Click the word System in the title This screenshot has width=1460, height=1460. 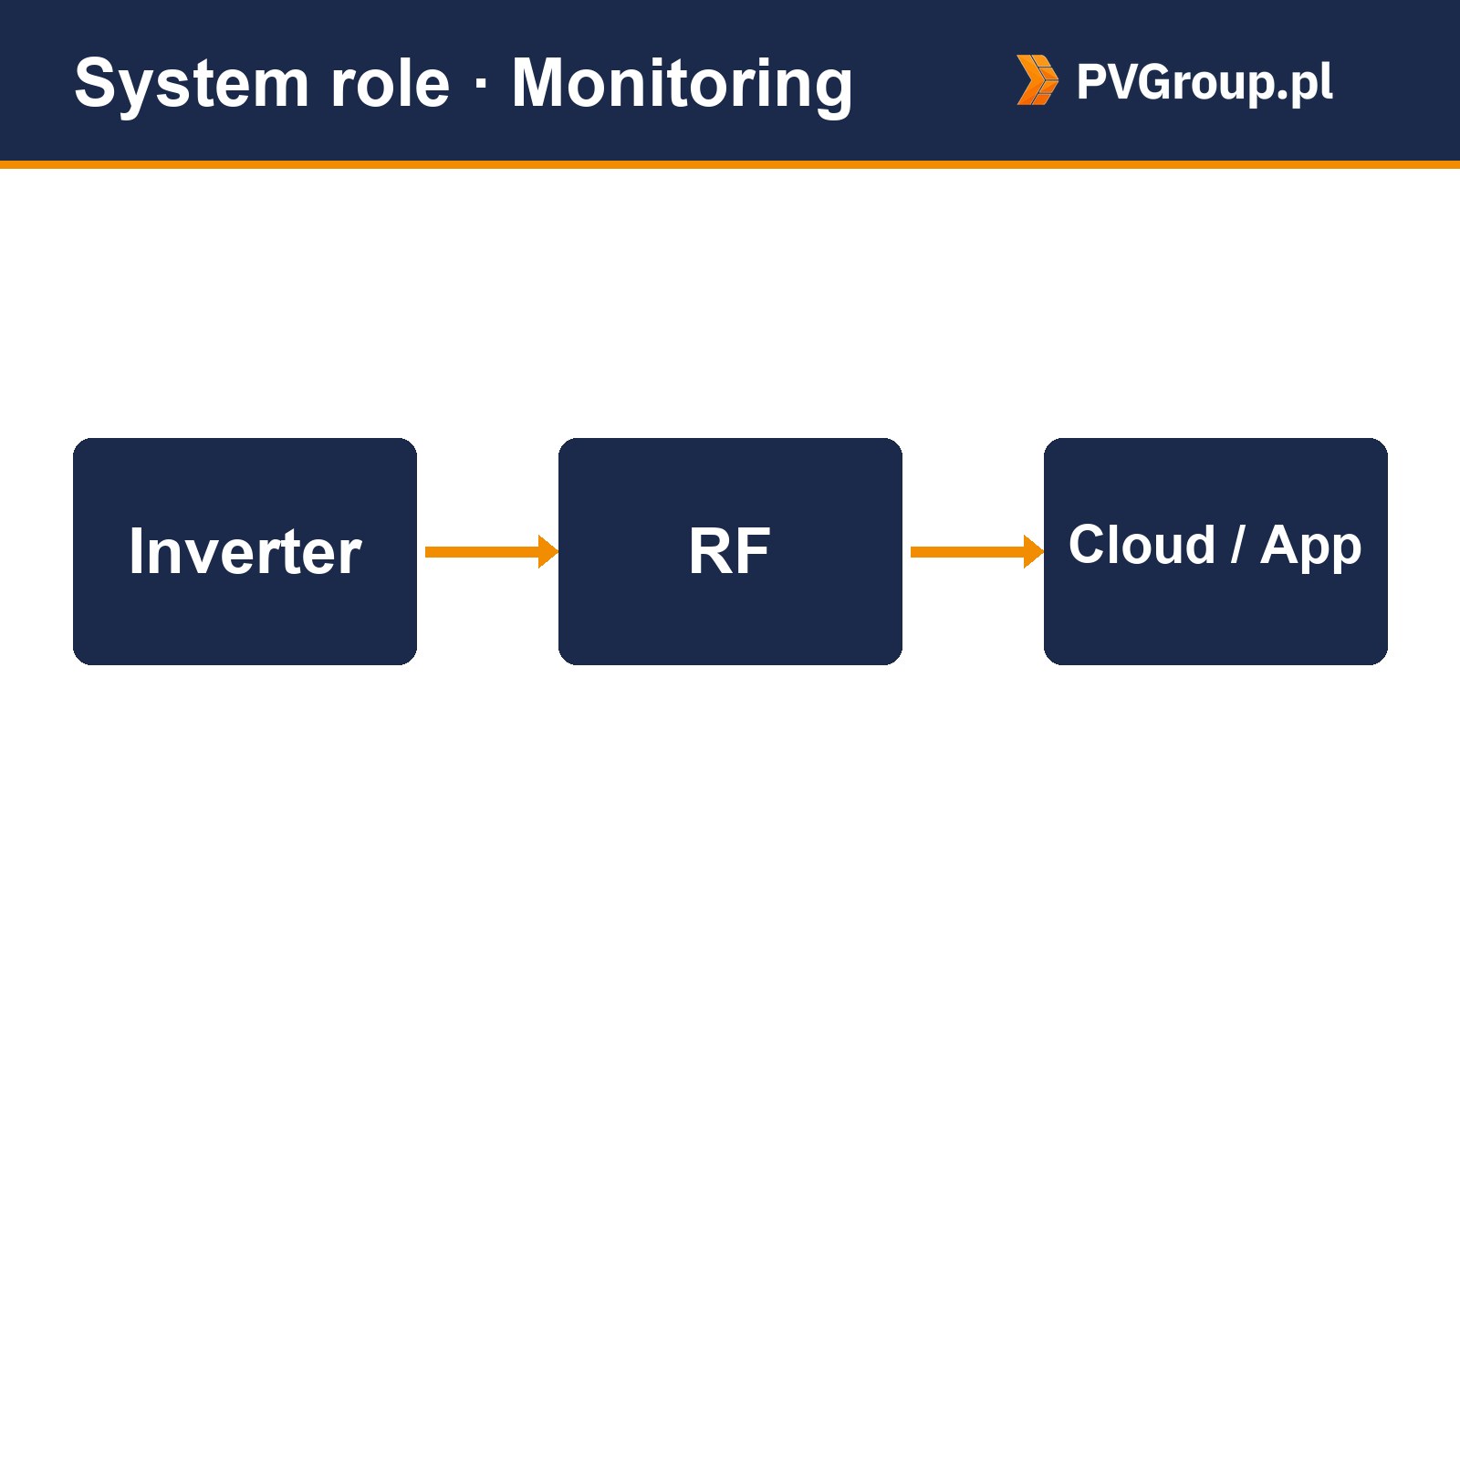coord(192,85)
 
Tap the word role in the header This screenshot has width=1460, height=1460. coord(391,83)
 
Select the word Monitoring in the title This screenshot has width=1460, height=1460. coord(682,85)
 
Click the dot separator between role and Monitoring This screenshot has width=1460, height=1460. coord(481,85)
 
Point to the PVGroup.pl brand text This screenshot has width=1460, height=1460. coord(1204,82)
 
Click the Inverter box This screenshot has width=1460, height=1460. coord(245,551)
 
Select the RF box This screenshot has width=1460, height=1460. coord(730,551)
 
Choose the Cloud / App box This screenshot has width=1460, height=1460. coord(1215,551)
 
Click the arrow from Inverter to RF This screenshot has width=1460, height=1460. coord(492,551)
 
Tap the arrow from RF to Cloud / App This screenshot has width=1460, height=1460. coord(977,551)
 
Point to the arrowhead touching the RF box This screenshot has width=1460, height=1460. coord(548,551)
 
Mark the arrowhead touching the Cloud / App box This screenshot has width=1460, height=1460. coord(1034,551)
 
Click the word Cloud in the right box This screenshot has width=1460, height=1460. coord(1142,545)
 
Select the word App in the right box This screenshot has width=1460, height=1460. coord(1311,547)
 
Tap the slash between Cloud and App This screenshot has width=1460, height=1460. coord(1238,545)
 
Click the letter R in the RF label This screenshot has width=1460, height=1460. coord(710,551)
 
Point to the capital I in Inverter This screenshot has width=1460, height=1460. coord(136,551)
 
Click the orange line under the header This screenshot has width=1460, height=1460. coord(730,164)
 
